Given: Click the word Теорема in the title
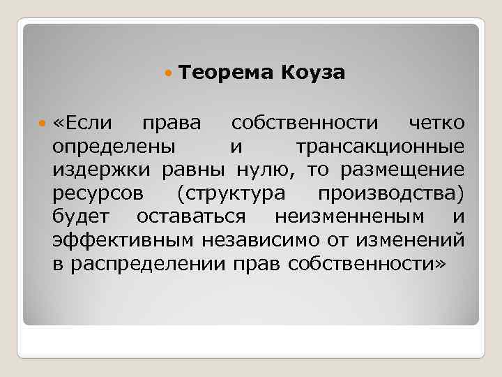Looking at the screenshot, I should coord(227,73).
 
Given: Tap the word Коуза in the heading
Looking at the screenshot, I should coord(314,73).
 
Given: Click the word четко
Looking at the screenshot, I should coord(436,124).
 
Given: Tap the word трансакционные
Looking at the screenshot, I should coord(380,147).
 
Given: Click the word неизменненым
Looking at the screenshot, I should coord(356,217).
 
